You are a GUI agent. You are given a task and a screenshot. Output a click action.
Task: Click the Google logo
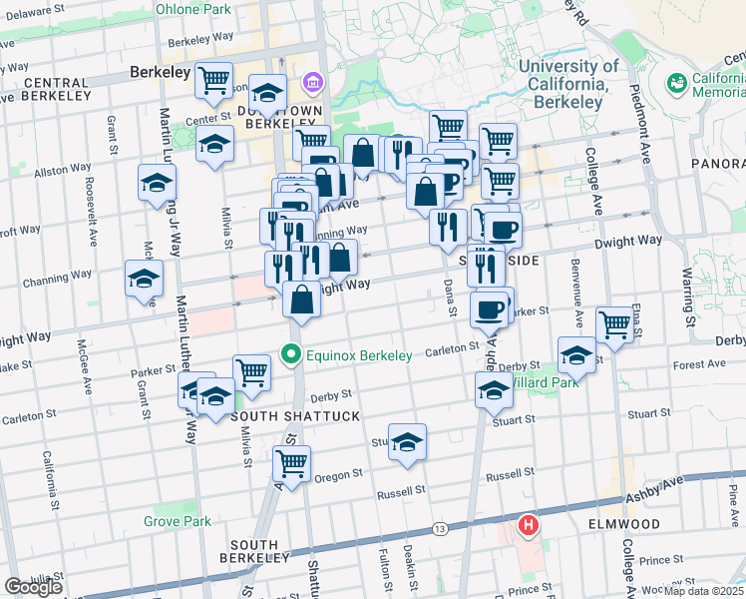click(x=33, y=587)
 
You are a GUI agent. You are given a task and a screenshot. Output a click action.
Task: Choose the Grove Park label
click(x=177, y=521)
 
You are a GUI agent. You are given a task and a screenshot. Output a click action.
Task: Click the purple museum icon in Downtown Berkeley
click(x=312, y=81)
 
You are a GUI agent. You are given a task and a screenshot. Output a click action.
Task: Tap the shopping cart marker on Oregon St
click(x=291, y=464)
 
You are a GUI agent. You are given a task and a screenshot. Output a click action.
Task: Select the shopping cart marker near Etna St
click(x=614, y=323)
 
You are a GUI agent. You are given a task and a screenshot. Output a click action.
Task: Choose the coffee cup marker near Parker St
click(x=489, y=309)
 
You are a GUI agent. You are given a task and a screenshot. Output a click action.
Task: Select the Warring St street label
click(x=687, y=290)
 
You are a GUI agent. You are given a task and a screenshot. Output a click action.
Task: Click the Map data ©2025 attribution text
click(x=703, y=591)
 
